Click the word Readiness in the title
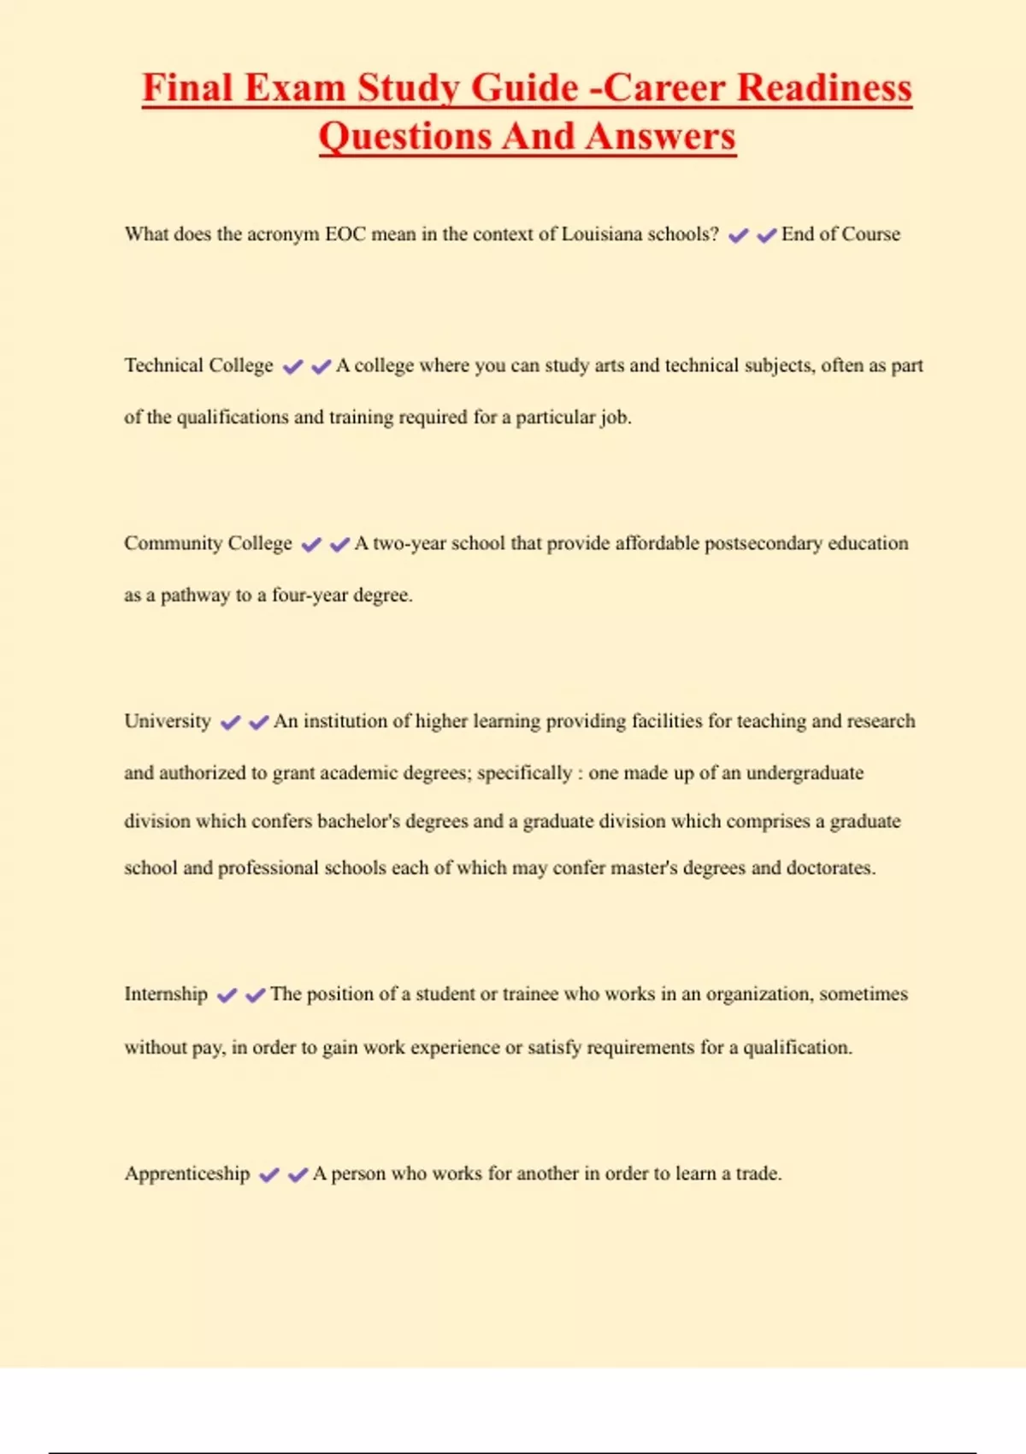[824, 88]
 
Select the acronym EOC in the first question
[345, 234]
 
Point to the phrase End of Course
[840, 234]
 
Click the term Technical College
[198, 366]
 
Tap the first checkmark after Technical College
[292, 367]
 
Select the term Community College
[208, 544]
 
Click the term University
[168, 722]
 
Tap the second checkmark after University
[258, 723]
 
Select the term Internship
[166, 994]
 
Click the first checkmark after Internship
[227, 996]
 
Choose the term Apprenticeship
[187, 1173]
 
